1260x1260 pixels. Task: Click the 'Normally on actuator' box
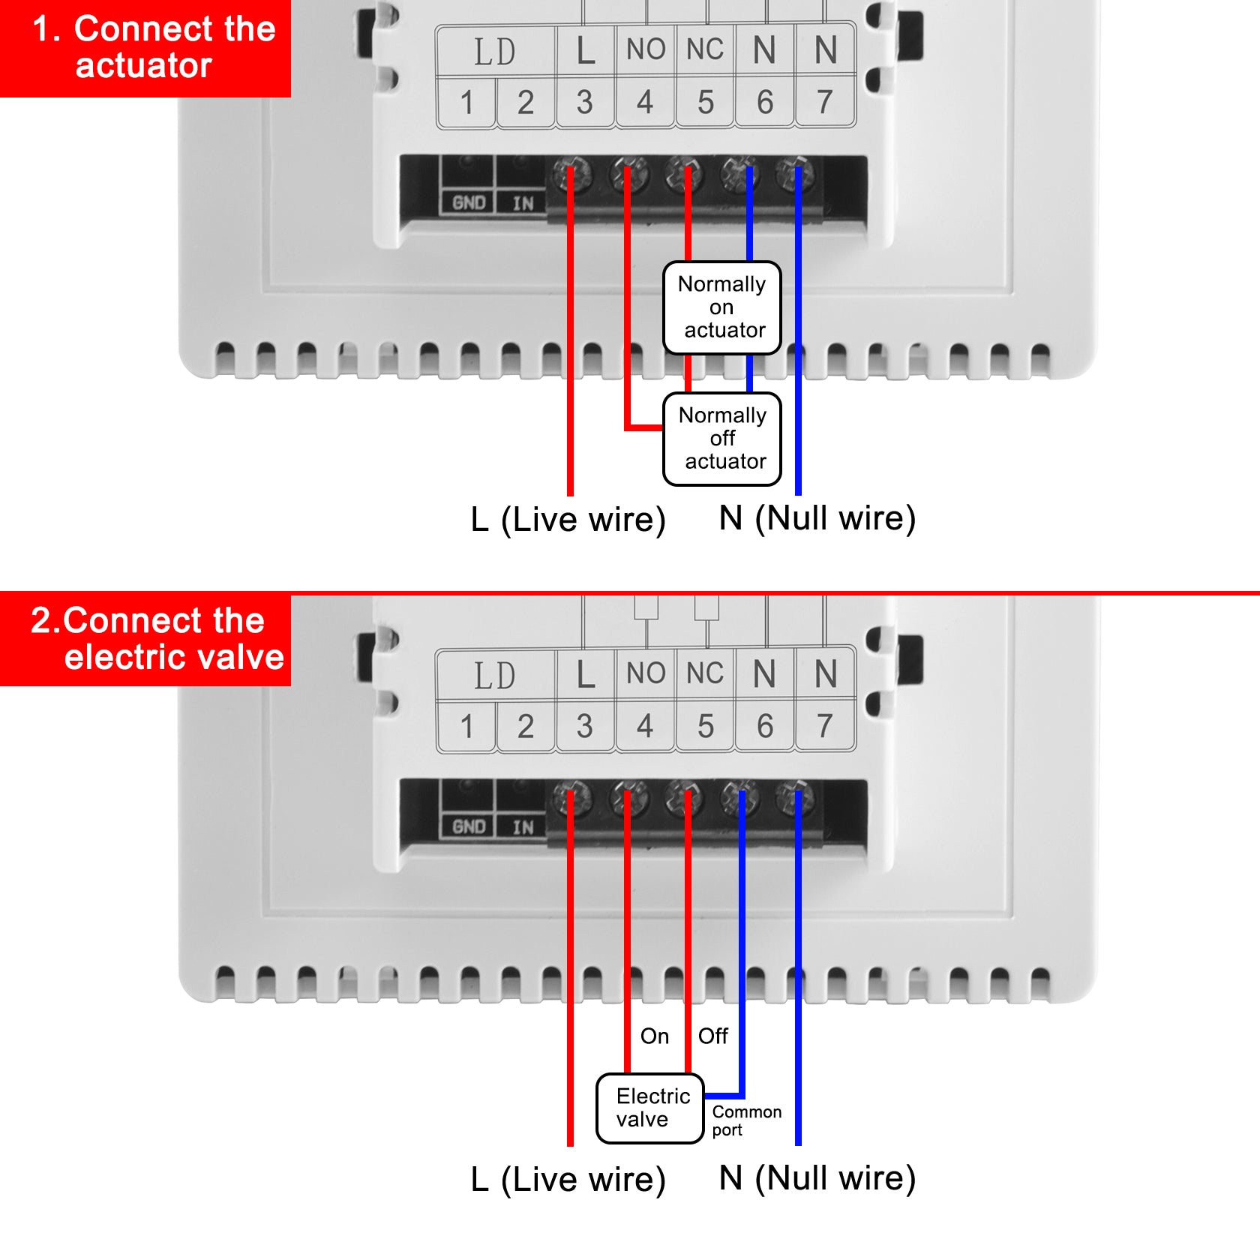[x=722, y=307]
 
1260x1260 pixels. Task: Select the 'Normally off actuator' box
[x=722, y=439]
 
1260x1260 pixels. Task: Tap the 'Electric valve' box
[x=649, y=1108]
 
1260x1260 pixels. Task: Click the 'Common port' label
[x=745, y=1120]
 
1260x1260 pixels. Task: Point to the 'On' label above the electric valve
[x=654, y=1036]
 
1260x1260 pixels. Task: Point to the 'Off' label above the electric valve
[x=712, y=1036]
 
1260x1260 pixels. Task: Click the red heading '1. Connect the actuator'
[x=145, y=46]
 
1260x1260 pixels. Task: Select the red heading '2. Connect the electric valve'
[x=145, y=638]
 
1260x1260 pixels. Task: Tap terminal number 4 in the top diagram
[x=645, y=102]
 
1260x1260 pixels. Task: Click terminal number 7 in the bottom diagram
[x=825, y=726]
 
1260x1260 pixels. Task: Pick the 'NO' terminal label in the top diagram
[x=646, y=49]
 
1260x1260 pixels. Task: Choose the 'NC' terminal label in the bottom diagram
[x=705, y=673]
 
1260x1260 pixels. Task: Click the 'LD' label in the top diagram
[x=495, y=51]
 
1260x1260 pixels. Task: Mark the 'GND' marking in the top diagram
[x=469, y=202]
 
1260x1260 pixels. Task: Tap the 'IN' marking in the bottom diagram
[x=523, y=827]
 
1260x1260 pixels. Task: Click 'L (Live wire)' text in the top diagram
[x=568, y=519]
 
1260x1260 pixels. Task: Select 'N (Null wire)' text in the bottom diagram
[x=817, y=1178]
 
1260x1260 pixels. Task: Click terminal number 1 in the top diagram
[x=466, y=102]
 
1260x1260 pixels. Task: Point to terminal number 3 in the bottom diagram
[x=585, y=726]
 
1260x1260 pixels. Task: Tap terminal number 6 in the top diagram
[x=765, y=102]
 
